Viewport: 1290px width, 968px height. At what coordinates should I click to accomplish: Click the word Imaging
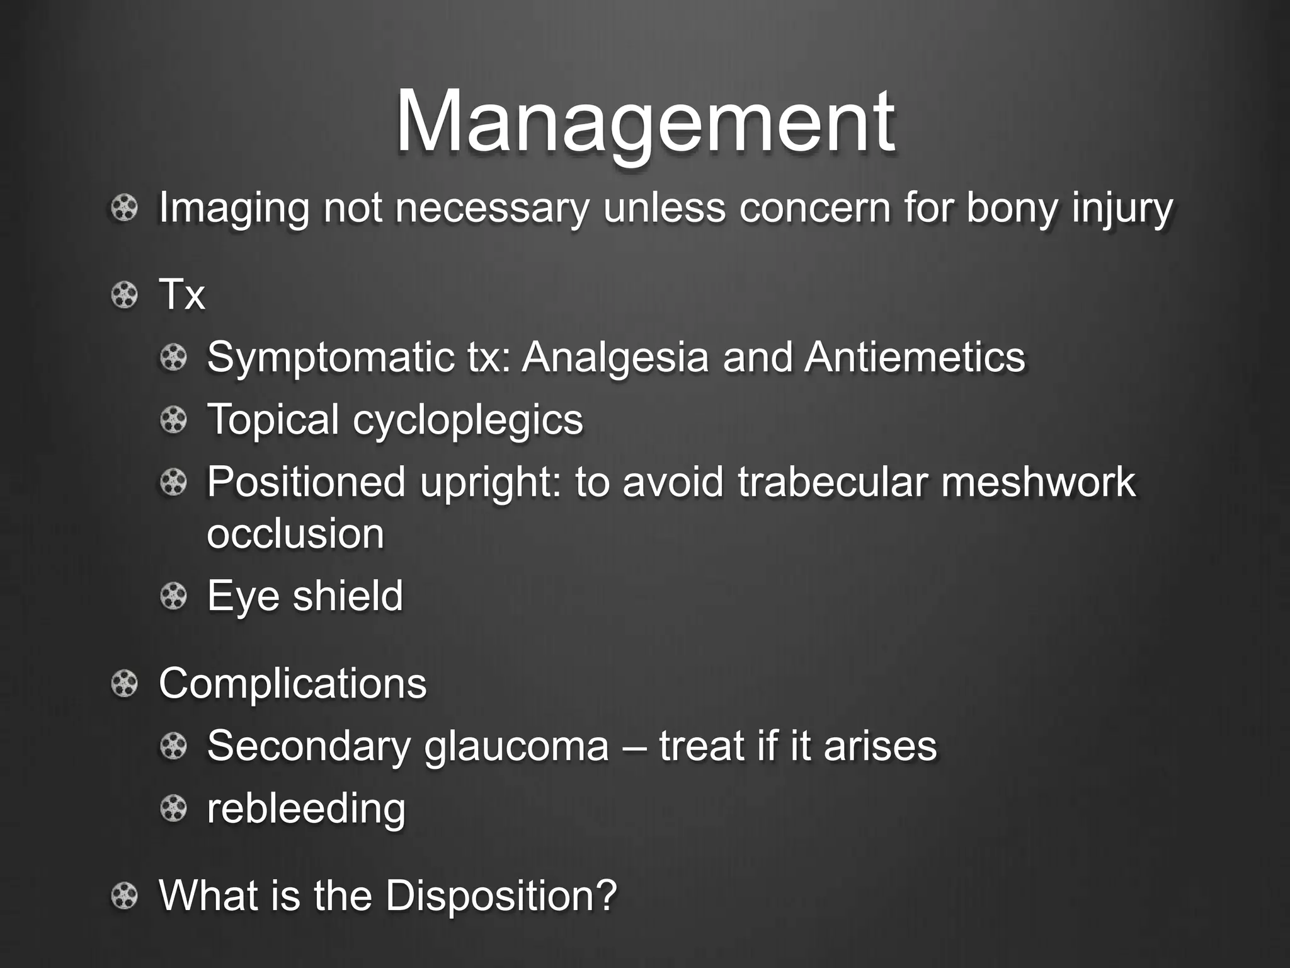point(234,208)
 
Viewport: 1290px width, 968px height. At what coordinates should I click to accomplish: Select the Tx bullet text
point(182,294)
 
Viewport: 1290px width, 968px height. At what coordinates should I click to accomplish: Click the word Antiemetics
point(915,357)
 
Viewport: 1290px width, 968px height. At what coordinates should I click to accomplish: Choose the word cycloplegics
point(467,420)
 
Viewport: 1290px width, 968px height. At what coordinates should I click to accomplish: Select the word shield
point(348,596)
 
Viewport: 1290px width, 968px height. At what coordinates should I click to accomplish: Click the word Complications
point(293,683)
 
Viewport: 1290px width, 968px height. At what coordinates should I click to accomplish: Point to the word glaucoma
point(517,746)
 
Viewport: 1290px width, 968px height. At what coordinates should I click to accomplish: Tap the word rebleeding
point(306,809)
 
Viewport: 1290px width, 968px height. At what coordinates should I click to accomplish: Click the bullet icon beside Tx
point(124,295)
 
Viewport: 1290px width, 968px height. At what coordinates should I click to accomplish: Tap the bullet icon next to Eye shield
point(173,596)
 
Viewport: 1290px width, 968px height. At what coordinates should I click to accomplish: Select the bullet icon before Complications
point(124,684)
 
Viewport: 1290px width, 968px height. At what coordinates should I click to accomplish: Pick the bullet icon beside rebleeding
point(173,809)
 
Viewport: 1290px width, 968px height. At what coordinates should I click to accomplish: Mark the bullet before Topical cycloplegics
point(173,420)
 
